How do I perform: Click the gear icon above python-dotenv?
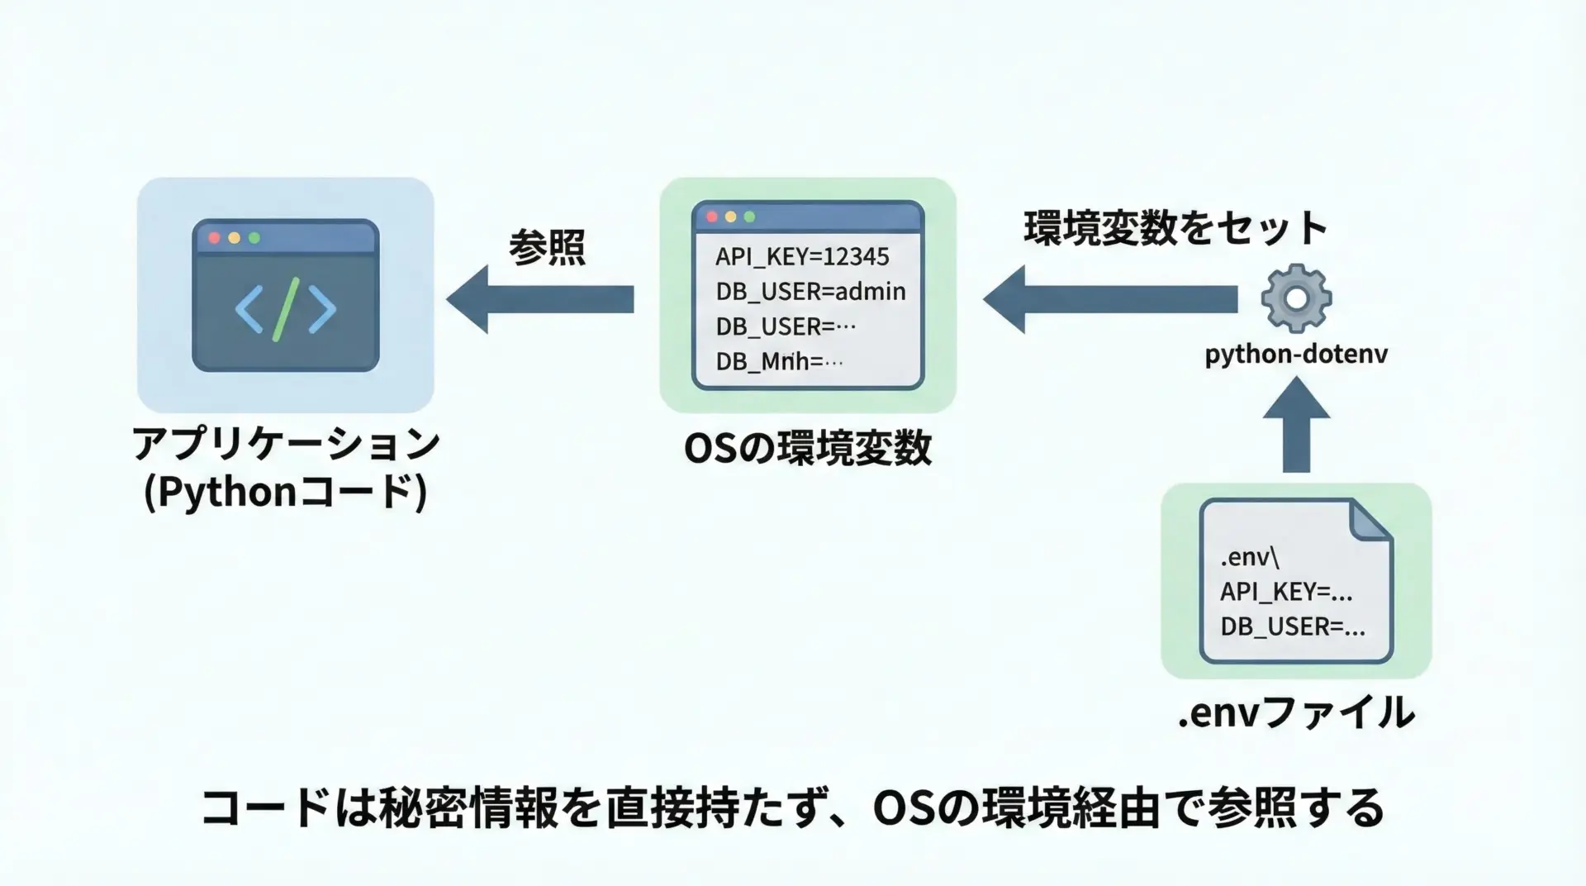point(1296,298)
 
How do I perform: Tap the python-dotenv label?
point(1296,354)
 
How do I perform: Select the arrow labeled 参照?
point(541,299)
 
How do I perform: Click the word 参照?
point(547,247)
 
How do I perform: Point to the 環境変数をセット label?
point(1175,228)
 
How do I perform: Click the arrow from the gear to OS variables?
point(1110,299)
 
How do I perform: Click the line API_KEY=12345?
point(802,256)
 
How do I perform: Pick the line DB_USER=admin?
point(810,291)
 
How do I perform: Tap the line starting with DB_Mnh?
point(779,361)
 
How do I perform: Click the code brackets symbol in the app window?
point(286,309)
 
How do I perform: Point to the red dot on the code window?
point(215,238)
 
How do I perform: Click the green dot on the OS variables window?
point(749,217)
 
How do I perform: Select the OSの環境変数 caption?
point(807,449)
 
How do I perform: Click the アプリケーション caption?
point(286,445)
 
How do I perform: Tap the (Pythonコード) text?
point(286,493)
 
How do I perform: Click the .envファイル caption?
point(1295,712)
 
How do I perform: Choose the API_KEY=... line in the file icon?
point(1286,592)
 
